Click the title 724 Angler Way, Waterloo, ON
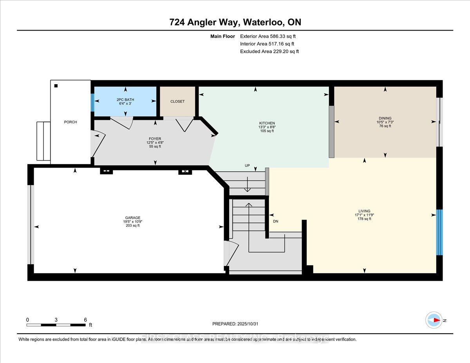(x=235, y=22)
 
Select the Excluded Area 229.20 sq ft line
(x=269, y=51)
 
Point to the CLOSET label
(x=177, y=101)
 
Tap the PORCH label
(x=70, y=122)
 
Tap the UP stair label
(x=247, y=166)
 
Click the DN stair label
(x=276, y=221)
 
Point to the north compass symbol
(x=434, y=320)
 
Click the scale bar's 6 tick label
(x=85, y=320)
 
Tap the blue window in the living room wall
(x=439, y=232)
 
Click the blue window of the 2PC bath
(x=92, y=103)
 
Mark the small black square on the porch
(x=56, y=86)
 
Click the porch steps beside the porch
(x=43, y=141)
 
